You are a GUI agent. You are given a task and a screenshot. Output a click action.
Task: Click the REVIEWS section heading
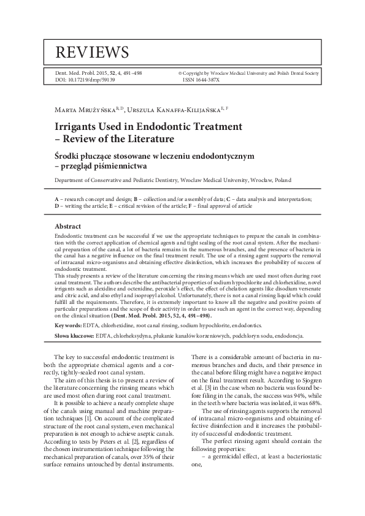92,51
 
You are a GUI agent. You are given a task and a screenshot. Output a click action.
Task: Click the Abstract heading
68,226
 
